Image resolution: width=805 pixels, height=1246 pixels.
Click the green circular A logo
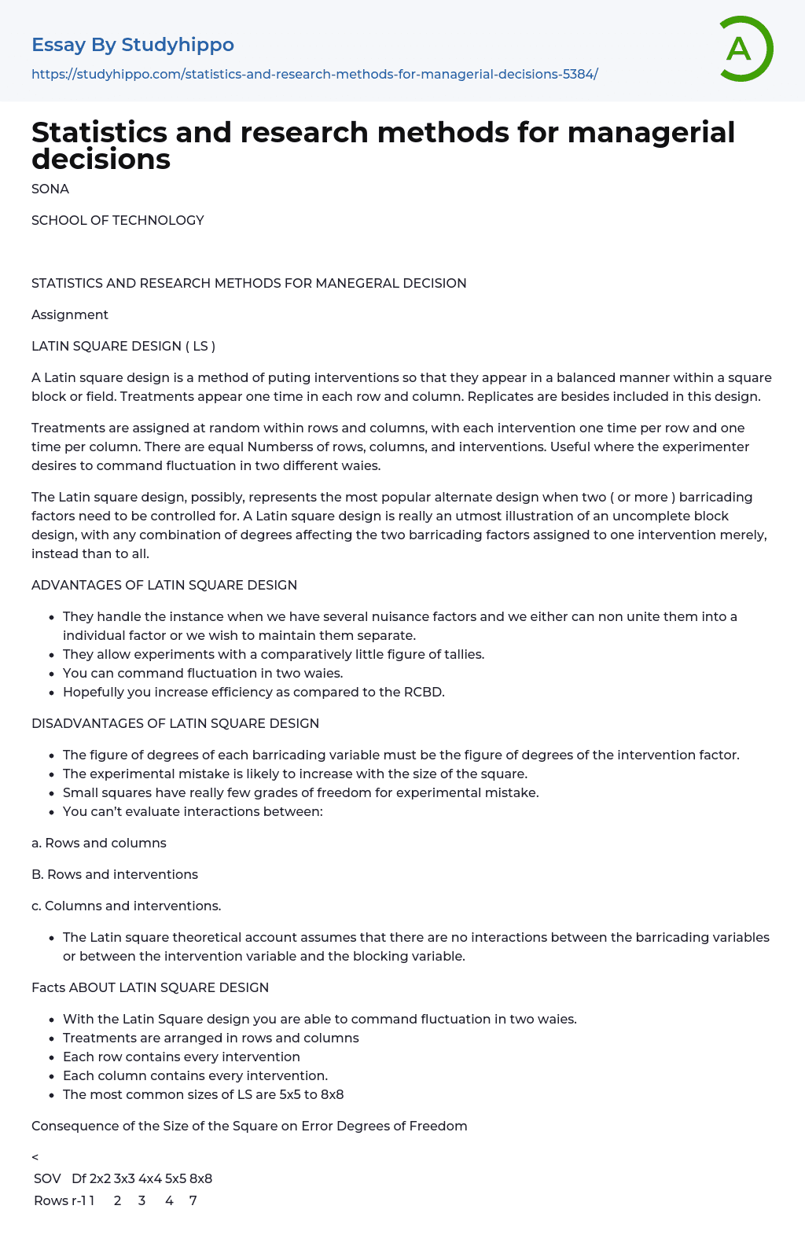pos(745,49)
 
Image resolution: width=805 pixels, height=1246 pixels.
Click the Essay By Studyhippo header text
pos(133,45)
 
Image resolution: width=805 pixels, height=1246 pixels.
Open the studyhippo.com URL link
pos(314,74)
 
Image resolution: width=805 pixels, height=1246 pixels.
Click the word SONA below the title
pos(50,189)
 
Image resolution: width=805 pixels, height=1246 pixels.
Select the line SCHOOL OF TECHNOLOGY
pos(118,220)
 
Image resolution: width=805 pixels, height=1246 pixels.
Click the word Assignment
pos(70,314)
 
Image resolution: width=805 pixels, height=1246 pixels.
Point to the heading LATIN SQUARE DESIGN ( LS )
pos(123,346)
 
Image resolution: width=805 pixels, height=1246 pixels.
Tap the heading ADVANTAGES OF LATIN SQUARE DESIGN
pos(164,585)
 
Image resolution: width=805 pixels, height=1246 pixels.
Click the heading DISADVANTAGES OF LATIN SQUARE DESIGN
pos(175,723)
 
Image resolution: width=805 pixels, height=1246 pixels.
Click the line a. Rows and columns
pos(99,843)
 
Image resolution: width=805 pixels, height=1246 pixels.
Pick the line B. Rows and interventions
pos(115,874)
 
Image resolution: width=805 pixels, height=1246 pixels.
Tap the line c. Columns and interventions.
pos(127,906)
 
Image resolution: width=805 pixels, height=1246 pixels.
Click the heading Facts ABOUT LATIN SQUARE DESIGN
pos(150,987)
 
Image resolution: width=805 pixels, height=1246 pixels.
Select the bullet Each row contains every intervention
pos(182,1057)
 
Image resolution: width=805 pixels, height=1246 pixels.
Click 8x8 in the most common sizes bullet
pos(332,1094)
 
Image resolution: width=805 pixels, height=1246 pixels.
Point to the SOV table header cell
pos(47,1178)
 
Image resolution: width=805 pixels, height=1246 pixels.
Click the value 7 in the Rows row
pos(193,1200)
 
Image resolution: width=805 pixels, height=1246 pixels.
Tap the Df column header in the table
pos(79,1178)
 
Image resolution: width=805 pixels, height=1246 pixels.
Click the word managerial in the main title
pos(651,133)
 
